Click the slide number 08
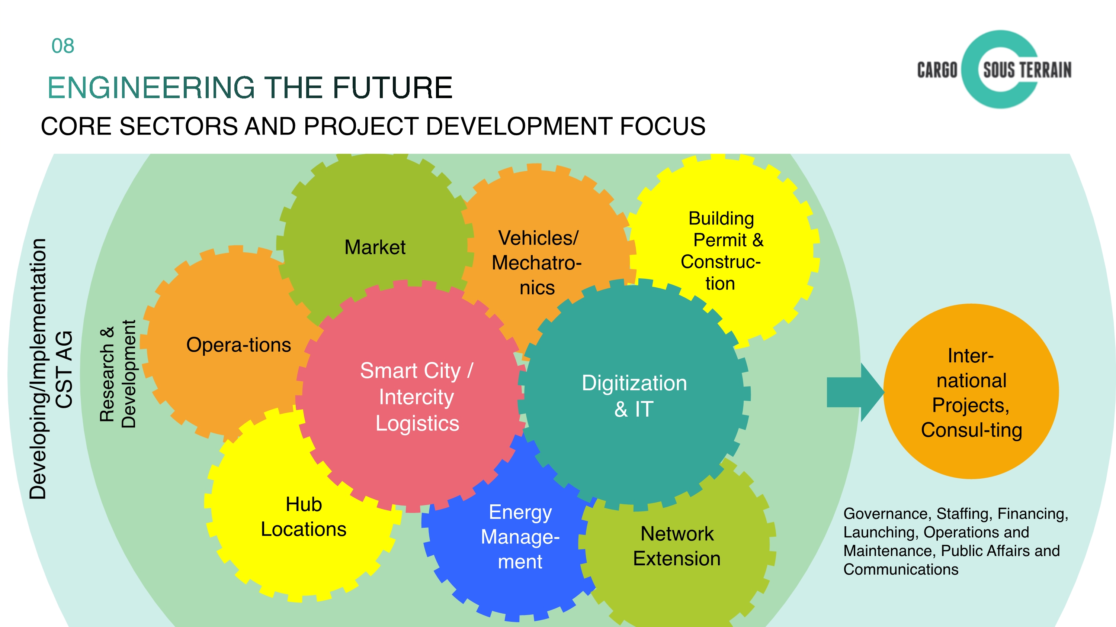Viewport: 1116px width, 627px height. [x=63, y=46]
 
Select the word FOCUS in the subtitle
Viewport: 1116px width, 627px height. [x=663, y=126]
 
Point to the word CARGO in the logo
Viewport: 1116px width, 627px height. [x=937, y=70]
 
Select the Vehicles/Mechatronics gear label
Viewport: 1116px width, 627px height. [x=537, y=263]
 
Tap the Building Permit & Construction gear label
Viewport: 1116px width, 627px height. [x=721, y=251]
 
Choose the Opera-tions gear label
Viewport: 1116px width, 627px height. [x=238, y=345]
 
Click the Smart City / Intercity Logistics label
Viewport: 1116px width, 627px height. [x=417, y=397]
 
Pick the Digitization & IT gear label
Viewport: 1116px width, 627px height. [x=634, y=396]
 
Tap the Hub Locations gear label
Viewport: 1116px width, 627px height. [x=303, y=517]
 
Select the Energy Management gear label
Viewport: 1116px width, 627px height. [x=520, y=537]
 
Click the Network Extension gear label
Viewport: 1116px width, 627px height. [x=677, y=546]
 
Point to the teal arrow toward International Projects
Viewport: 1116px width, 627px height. [x=855, y=392]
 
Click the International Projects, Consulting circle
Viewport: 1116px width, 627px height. [x=971, y=392]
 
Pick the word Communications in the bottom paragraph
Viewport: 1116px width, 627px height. [x=901, y=569]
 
